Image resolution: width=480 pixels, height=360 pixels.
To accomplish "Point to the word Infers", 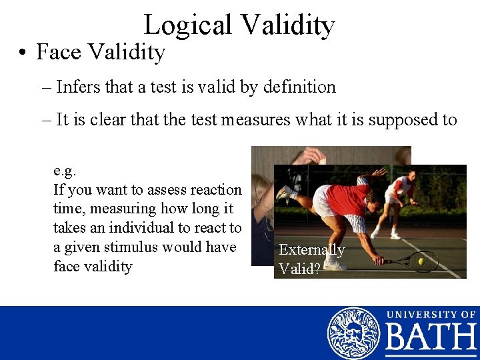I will pos(78,87).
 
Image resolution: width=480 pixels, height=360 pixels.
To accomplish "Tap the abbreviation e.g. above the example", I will pos(65,170).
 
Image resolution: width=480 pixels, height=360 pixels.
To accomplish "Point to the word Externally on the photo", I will pos(311,250).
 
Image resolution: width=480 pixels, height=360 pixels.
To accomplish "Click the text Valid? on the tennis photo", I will pos(299,269).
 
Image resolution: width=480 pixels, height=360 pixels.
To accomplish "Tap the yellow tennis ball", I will pos(421,262).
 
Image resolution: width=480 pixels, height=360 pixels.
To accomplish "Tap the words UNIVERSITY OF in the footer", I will pos(431,314).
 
